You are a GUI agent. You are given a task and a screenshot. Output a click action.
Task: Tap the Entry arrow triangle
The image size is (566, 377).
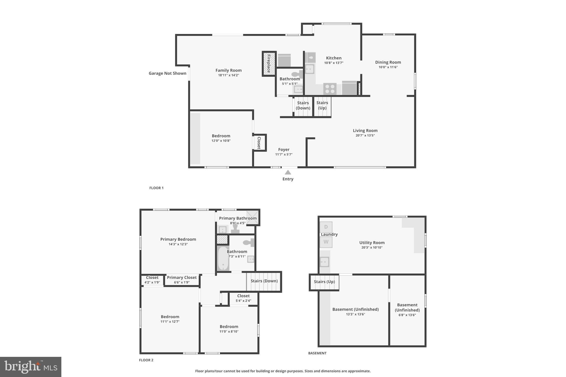click(288, 172)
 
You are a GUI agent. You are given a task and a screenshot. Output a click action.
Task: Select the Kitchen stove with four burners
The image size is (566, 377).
click(330, 89)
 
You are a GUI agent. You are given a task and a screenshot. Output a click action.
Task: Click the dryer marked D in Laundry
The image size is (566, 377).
click(326, 227)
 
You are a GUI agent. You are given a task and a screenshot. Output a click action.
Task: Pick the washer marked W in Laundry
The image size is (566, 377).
click(326, 242)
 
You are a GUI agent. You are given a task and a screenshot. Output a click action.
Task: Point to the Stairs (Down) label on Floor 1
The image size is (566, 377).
click(303, 105)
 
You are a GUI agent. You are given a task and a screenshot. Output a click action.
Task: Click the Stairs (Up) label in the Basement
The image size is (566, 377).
click(324, 282)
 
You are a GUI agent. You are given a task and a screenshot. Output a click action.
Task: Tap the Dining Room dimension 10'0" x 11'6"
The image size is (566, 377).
click(388, 67)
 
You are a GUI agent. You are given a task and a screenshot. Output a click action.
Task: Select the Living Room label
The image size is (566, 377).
click(365, 131)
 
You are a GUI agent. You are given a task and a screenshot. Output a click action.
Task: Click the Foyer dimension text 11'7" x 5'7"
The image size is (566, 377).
click(284, 154)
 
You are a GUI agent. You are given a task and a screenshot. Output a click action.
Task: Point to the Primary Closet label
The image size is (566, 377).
click(182, 278)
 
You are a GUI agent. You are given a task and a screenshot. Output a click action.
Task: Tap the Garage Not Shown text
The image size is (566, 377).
click(167, 73)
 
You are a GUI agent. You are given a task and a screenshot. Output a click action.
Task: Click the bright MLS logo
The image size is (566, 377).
click(31, 367)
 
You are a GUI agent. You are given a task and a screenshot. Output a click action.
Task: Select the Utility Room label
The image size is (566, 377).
click(372, 242)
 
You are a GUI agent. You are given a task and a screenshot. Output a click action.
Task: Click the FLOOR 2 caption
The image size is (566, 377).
click(146, 360)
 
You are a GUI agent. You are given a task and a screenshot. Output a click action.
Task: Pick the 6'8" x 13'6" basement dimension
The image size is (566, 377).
click(407, 315)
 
